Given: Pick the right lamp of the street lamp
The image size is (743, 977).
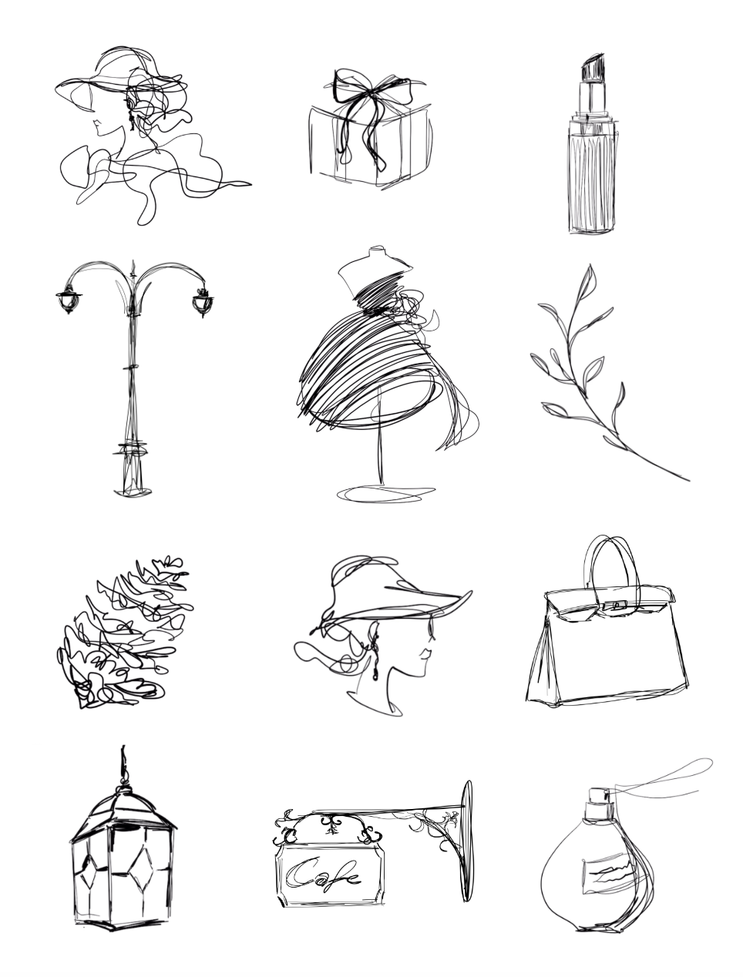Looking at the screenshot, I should click(x=201, y=301).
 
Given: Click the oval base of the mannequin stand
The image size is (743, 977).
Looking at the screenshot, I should click(x=385, y=492).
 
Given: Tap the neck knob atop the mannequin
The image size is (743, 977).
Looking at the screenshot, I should click(x=375, y=252).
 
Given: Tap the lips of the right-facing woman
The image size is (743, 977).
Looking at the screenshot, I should click(x=423, y=655).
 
